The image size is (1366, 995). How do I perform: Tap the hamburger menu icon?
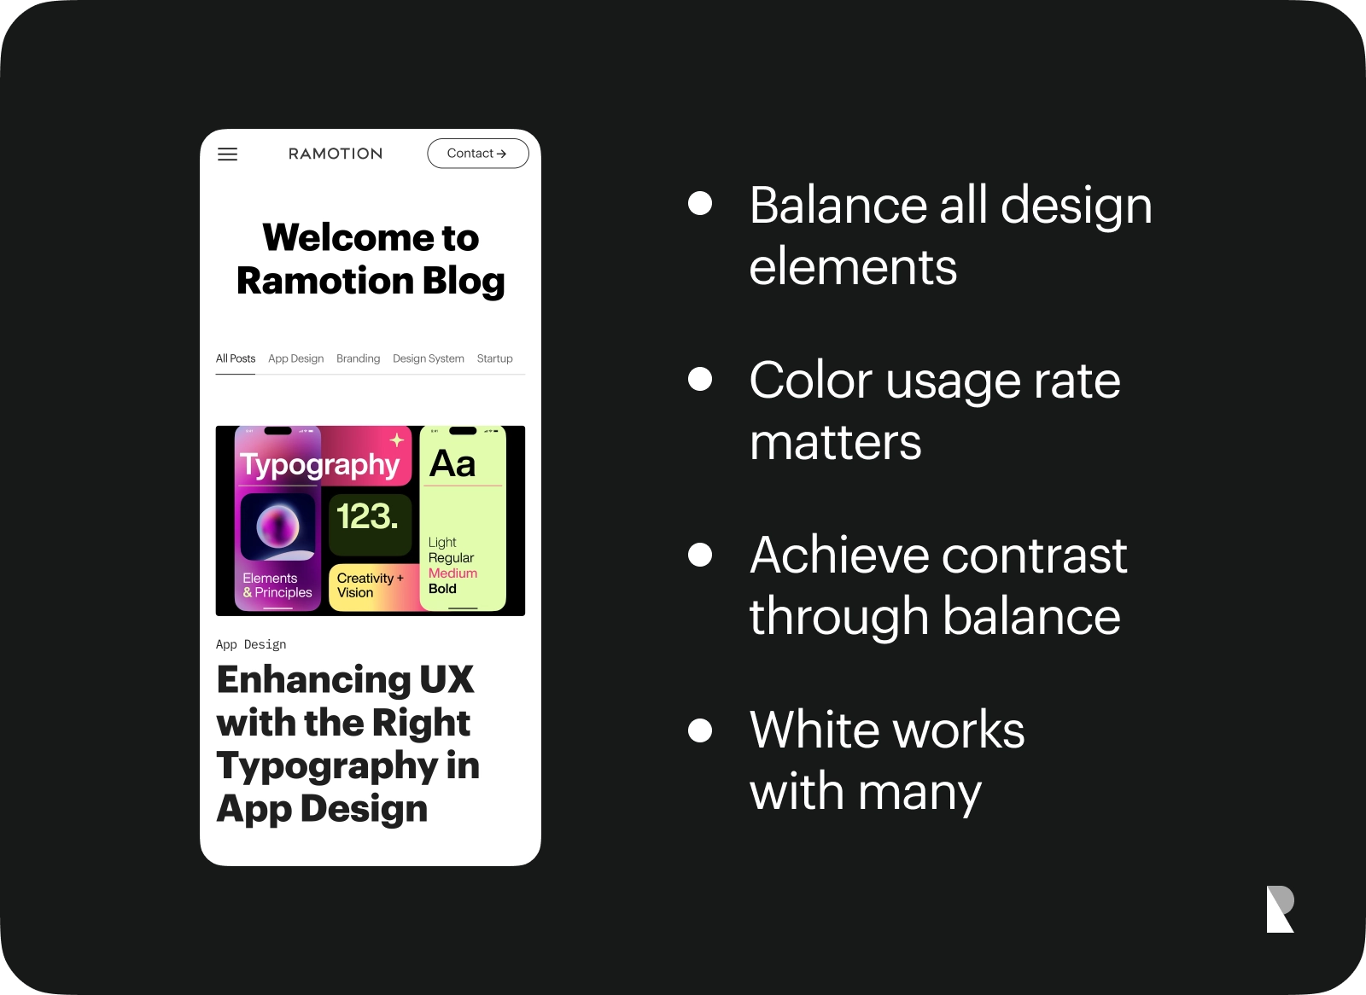point(227,154)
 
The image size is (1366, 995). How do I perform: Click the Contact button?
point(478,153)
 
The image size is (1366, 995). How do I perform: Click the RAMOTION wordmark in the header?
point(336,154)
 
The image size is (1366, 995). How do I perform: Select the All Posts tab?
point(236,358)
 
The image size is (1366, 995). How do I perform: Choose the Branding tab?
point(358,358)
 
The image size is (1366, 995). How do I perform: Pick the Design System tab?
point(428,358)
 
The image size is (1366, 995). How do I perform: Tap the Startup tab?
point(494,358)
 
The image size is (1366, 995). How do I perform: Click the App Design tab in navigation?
point(295,358)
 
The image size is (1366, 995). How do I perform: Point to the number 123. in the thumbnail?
point(368,515)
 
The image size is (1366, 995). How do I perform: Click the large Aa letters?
point(452,463)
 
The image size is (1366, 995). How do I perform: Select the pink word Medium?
point(452,573)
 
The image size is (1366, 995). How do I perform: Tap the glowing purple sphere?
point(278,526)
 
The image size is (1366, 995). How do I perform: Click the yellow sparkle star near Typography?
point(397,439)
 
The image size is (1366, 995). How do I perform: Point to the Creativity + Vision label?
point(371,585)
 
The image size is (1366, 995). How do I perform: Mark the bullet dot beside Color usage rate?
point(700,379)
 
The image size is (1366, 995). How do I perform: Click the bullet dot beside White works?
point(700,730)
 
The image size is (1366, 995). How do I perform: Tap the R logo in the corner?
point(1280,909)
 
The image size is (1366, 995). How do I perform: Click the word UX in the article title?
point(447,679)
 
